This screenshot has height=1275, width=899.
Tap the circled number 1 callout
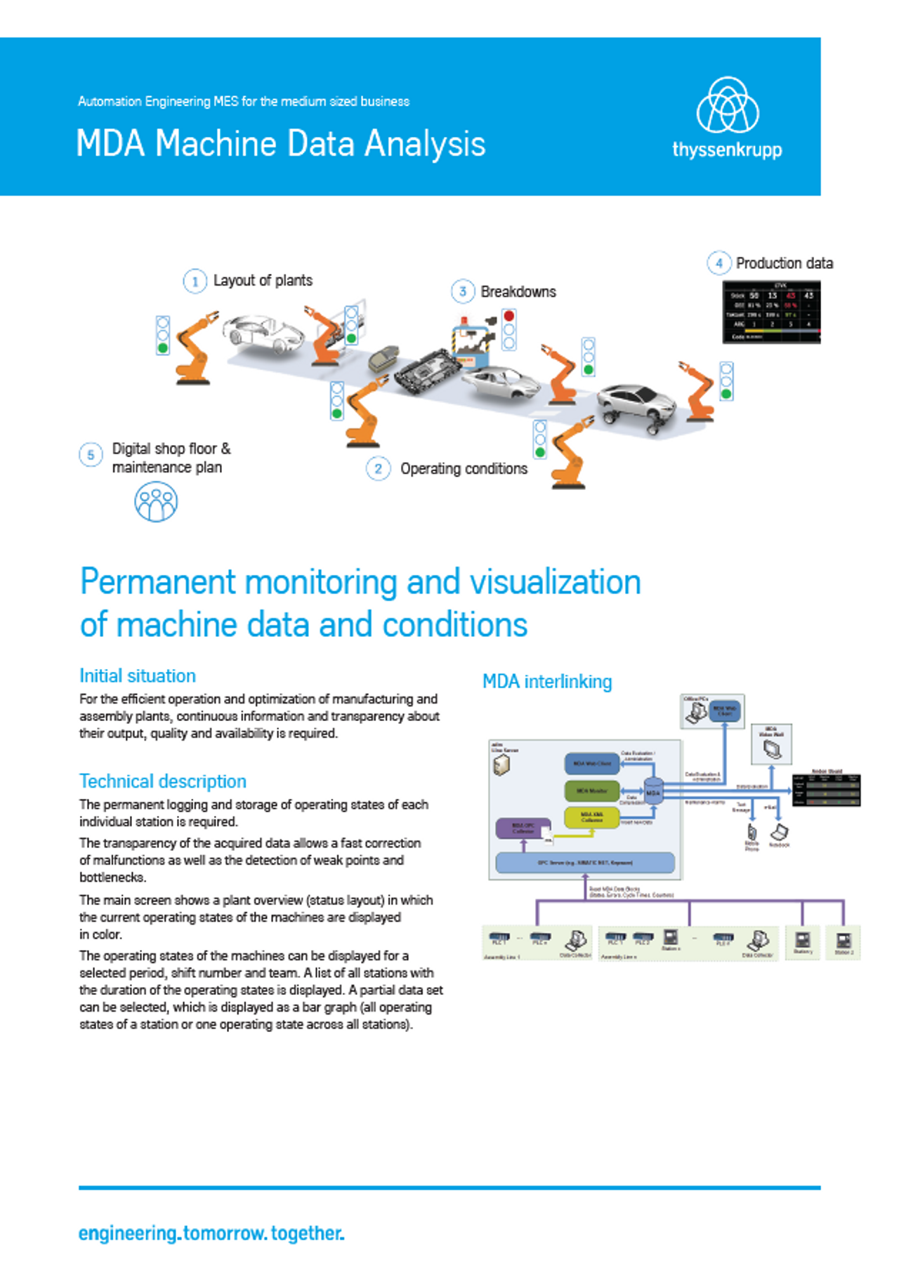(195, 282)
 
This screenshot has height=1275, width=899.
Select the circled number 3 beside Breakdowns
(462, 291)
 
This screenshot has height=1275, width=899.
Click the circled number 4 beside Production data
(718, 263)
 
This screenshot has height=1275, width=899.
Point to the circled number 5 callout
(91, 455)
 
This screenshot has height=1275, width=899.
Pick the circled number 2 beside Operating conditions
(378, 468)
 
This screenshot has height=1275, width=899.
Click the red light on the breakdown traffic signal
(509, 317)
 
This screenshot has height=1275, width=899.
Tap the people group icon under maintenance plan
(155, 502)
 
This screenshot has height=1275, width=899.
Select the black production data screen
(771, 312)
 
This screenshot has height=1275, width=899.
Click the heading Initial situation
(138, 676)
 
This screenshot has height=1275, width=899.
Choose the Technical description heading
(163, 781)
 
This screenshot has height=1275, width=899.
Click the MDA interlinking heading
(547, 682)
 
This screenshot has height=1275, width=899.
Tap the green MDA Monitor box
(592, 791)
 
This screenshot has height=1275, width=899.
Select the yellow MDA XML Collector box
(591, 817)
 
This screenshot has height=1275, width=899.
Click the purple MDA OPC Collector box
(523, 828)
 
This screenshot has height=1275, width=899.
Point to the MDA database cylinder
(653, 791)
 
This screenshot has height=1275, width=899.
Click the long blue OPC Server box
(584, 862)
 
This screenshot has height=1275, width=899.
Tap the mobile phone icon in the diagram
(752, 832)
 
